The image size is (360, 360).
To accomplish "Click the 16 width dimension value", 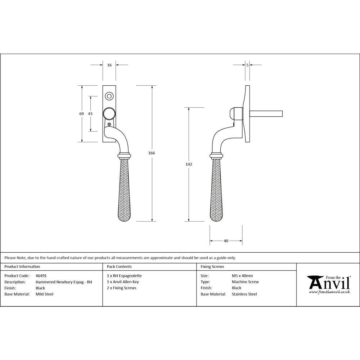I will tap(109, 65).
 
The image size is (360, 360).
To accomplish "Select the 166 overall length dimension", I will tap(152, 153).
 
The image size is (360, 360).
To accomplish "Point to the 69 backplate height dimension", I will tap(82, 114).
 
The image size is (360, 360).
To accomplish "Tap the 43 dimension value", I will tap(90, 114).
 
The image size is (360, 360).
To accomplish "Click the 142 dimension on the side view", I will tap(189, 164).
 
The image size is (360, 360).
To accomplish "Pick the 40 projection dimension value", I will tap(226, 241).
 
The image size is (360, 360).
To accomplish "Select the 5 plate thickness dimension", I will tap(247, 65).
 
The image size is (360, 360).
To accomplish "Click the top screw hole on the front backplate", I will tap(109, 96).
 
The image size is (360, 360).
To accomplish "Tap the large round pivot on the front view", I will tap(109, 114).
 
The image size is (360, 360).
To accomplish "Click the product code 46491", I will tap(41, 276).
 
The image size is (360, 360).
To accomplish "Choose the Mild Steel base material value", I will tap(44, 294).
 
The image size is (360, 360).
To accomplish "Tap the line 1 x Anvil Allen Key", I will tap(123, 282).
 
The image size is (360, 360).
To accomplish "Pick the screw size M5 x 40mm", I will tap(242, 276).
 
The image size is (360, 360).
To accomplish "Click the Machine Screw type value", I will tap(245, 282).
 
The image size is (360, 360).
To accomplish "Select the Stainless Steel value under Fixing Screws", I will tap(244, 294).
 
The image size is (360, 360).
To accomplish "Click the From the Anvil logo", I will tap(328, 285).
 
